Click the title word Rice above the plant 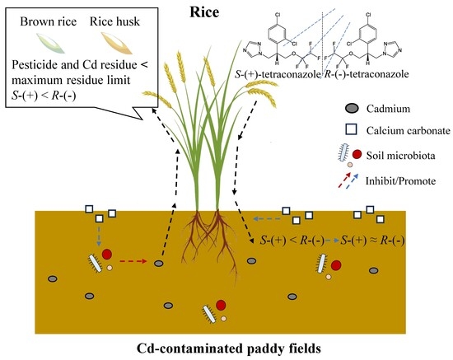click(204, 12)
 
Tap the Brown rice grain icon click(50, 43)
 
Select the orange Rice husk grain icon click(117, 43)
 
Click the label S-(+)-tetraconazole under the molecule click(278, 74)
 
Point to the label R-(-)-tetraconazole click(367, 74)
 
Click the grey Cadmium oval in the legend click(352, 109)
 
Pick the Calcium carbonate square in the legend click(351, 129)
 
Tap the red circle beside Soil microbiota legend click(357, 155)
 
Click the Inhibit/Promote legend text click(400, 181)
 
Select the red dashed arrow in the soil click(133, 261)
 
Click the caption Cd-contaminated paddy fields click(228, 348)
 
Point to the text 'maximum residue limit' click(71, 80)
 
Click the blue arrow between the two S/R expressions click(332, 241)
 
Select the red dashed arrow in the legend click(344, 180)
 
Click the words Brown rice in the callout click(49, 21)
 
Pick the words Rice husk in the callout click(114, 21)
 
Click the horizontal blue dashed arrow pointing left click(267, 219)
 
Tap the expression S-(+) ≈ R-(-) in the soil click(372, 241)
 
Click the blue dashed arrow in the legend click(352, 181)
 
